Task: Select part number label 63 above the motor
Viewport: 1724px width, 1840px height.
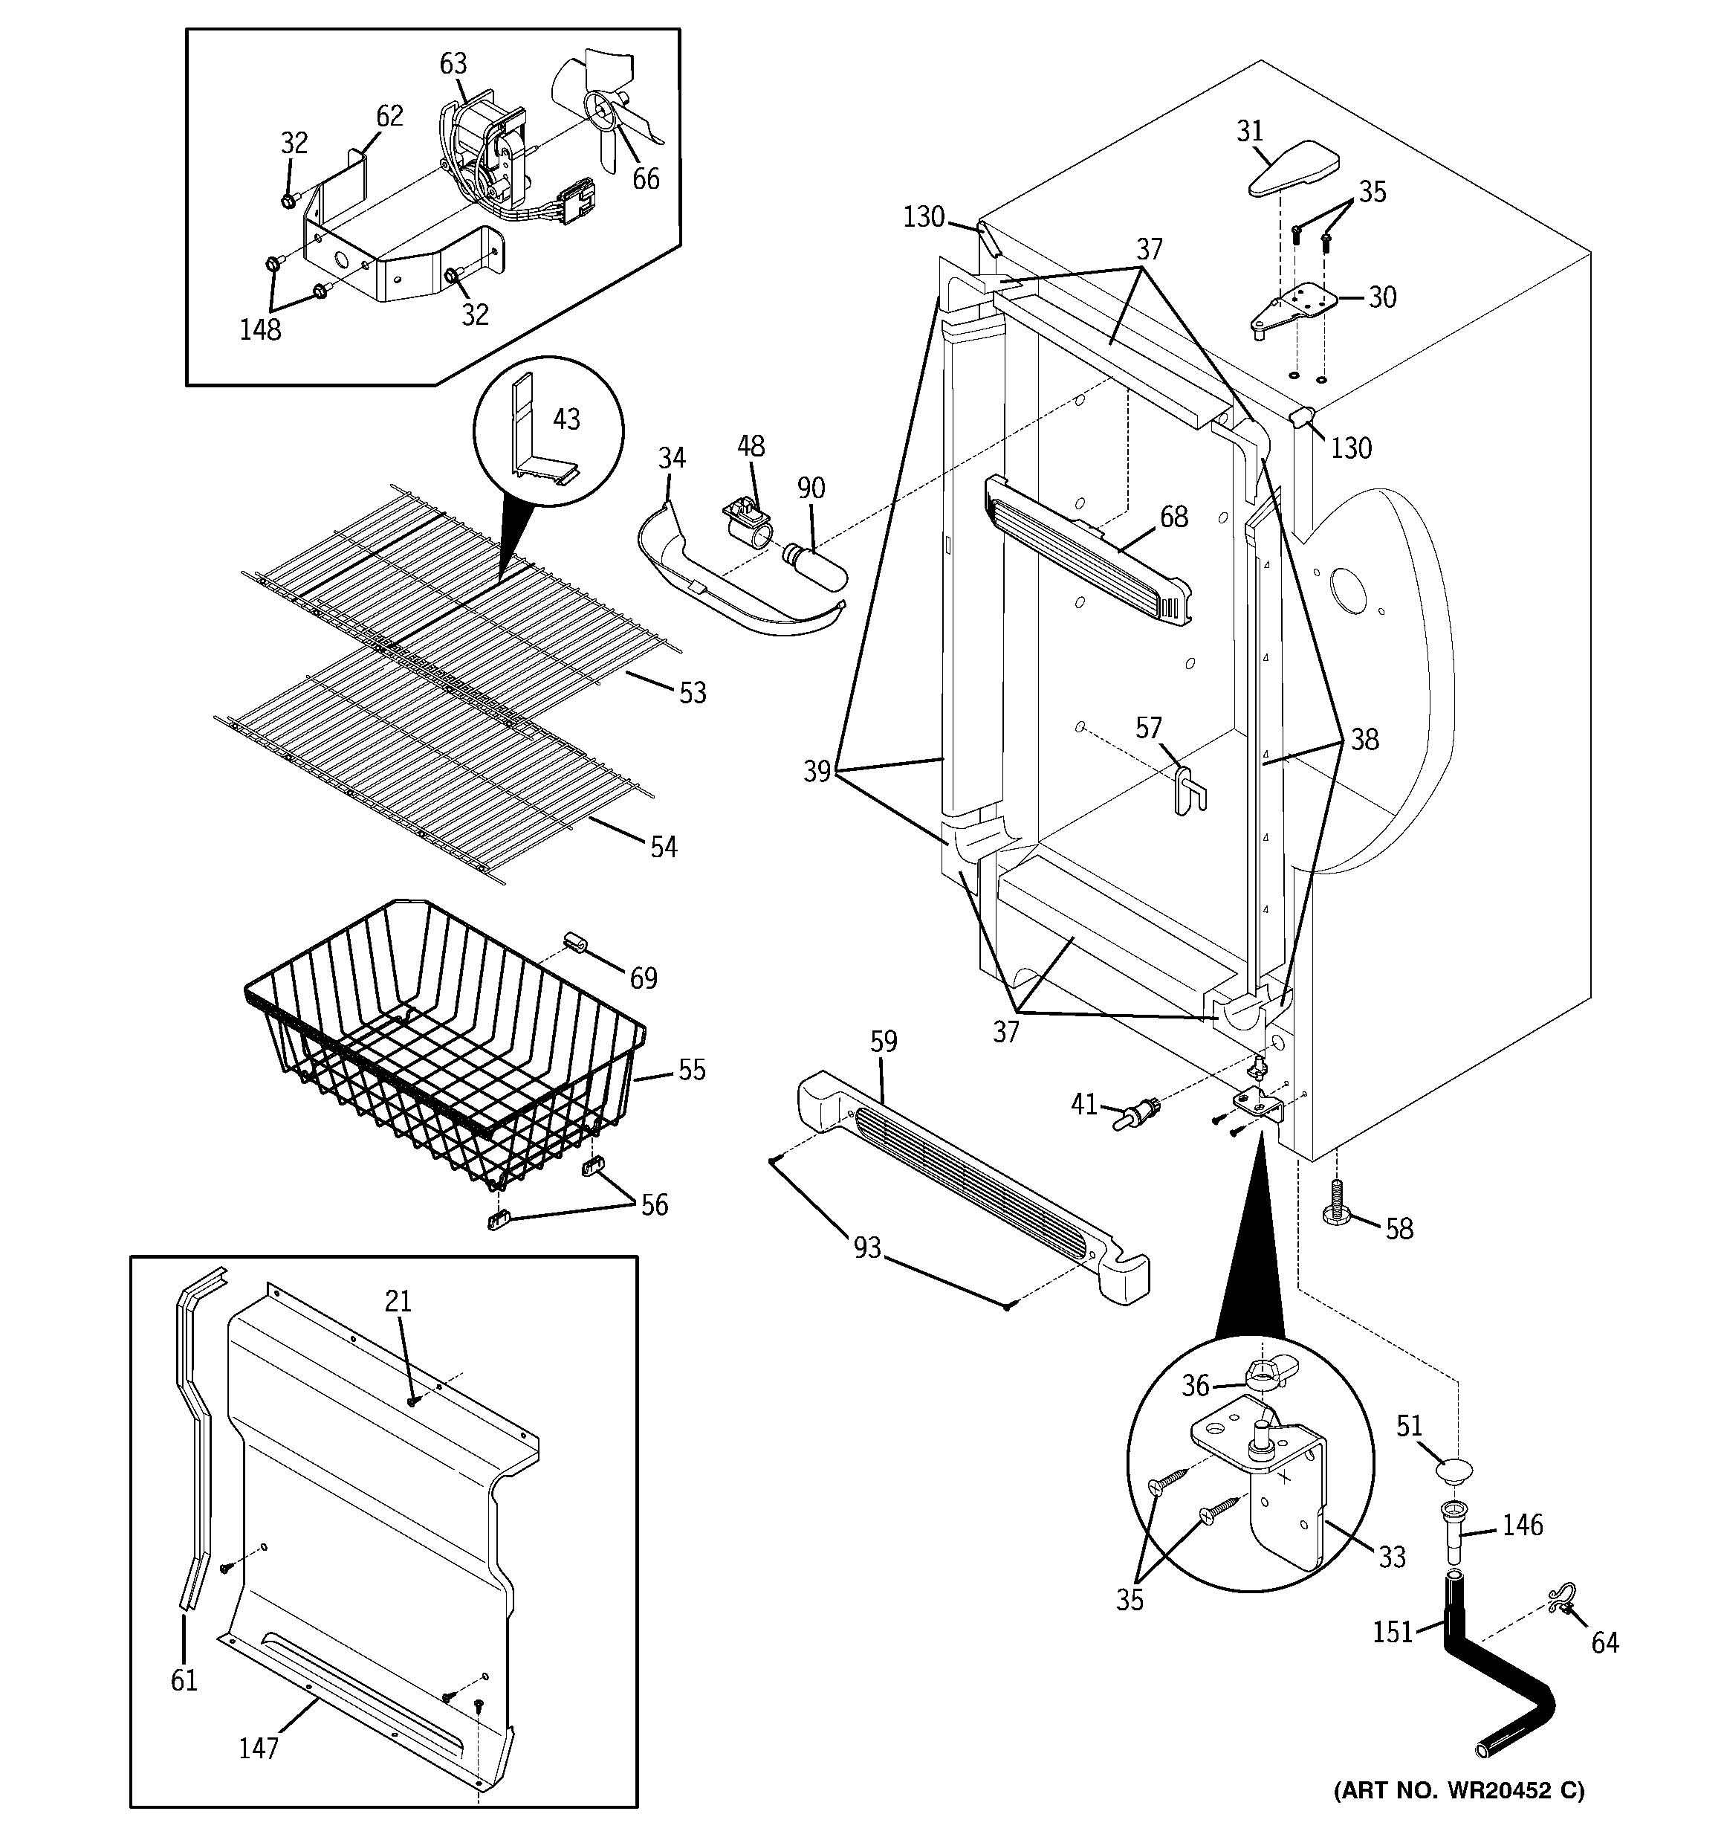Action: click(x=453, y=64)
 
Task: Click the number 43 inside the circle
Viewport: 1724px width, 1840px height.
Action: click(x=566, y=419)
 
